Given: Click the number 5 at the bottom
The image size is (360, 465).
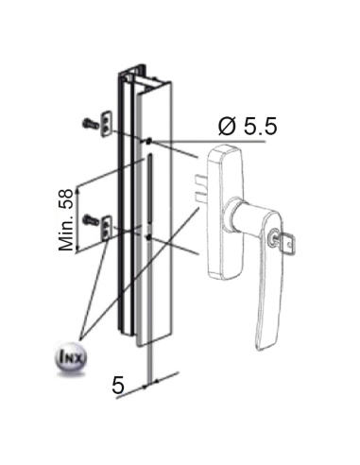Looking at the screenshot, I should [x=118, y=386].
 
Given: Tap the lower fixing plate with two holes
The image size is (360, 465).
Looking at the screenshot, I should [x=108, y=223].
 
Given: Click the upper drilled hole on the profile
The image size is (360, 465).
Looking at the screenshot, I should [x=148, y=141].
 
